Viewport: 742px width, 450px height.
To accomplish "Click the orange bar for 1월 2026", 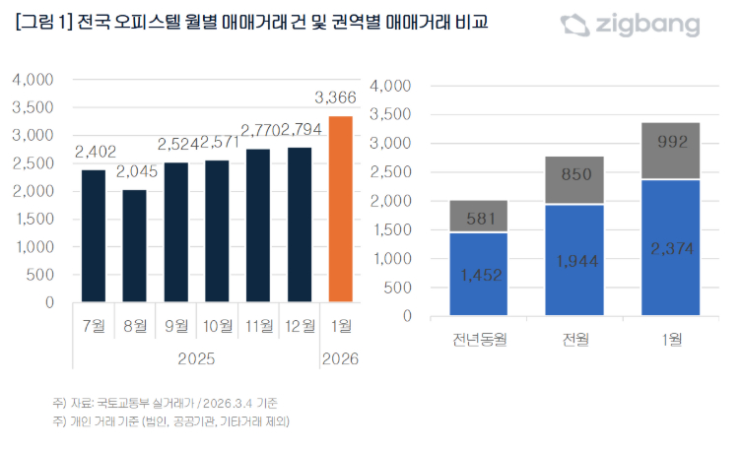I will tap(339, 210).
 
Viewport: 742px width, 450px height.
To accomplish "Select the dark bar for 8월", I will tap(134, 246).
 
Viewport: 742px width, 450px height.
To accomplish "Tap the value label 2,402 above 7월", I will tap(94, 152).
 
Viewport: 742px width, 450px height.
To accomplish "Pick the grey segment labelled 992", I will tap(672, 151).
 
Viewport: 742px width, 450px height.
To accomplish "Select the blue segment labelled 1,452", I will tap(479, 275).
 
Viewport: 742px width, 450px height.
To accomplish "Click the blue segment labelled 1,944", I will tap(575, 260).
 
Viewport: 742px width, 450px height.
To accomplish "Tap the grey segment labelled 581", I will tap(479, 216).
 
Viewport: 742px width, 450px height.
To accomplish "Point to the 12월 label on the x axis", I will tap(299, 324).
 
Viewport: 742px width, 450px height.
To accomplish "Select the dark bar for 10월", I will tap(217, 231).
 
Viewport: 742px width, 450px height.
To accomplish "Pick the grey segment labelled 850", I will tap(575, 179).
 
